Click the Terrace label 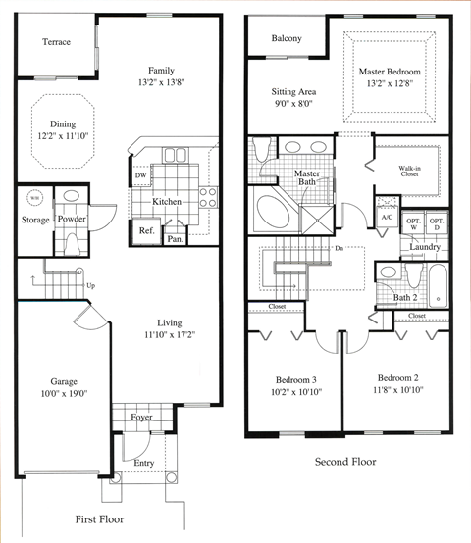(50, 42)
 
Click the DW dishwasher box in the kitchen (141, 176)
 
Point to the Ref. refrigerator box (146, 230)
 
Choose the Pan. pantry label (175, 238)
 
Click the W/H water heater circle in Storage (34, 197)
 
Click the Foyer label (141, 417)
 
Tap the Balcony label (287, 38)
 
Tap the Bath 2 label (405, 298)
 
